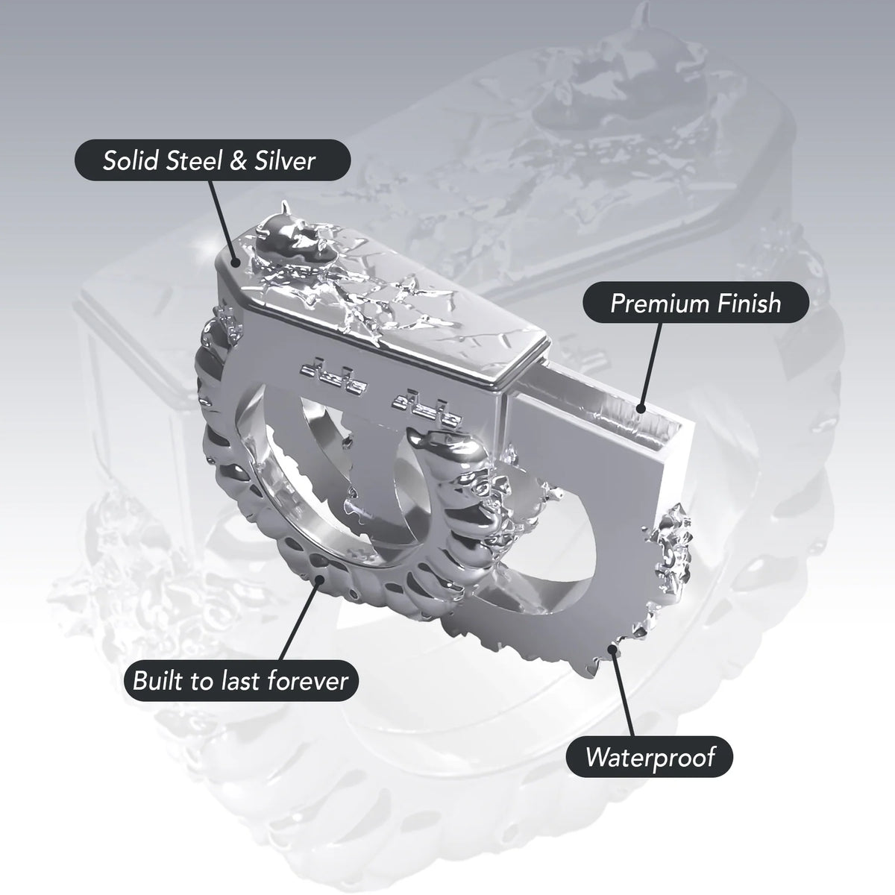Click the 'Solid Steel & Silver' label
(x=213, y=160)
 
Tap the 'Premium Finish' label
(x=696, y=302)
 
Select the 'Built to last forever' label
(x=241, y=681)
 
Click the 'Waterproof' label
(x=650, y=757)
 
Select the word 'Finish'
(x=748, y=303)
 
